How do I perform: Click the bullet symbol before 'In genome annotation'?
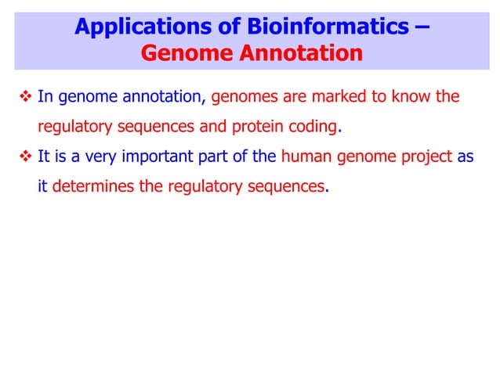click(x=27, y=98)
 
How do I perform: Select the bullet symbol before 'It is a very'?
click(x=27, y=156)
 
